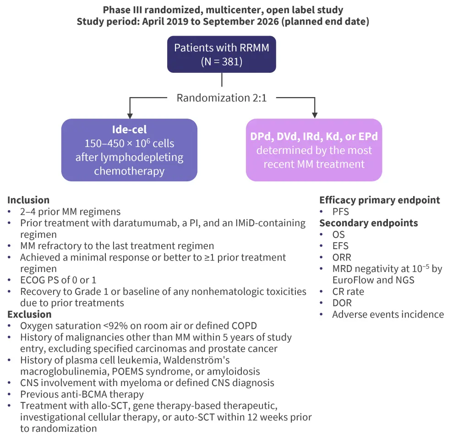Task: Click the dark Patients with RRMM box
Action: tap(222, 54)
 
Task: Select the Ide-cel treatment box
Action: tap(129, 150)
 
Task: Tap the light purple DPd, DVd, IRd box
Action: tap(314, 150)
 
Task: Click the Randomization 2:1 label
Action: tap(222, 98)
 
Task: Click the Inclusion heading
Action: tap(28, 200)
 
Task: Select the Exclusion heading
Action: tap(29, 315)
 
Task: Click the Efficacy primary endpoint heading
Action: tap(380, 200)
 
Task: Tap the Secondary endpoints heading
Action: tap(369, 223)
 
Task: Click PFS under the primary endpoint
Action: tap(341, 212)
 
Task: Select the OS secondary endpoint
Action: tap(339, 234)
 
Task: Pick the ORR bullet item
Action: tap(342, 257)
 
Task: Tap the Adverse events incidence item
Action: tap(388, 315)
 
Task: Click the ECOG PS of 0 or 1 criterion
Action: tap(58, 280)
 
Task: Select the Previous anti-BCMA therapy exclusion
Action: tap(82, 394)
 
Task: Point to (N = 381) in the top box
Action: tap(222, 61)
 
